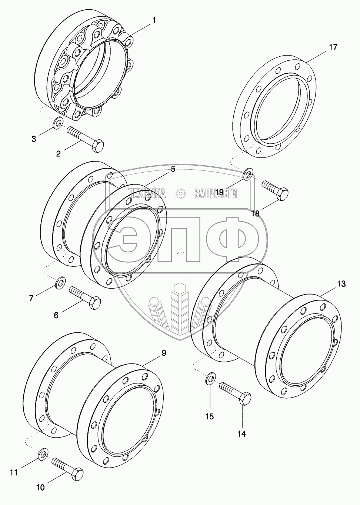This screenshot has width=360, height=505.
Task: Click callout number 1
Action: (154, 20)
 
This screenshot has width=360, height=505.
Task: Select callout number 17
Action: (333, 47)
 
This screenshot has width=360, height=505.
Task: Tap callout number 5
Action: (173, 169)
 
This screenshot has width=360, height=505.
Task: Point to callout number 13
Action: (341, 284)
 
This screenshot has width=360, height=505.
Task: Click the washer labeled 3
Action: (59, 123)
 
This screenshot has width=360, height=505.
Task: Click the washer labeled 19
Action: (248, 174)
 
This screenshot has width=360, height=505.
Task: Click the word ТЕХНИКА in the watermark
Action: (147, 193)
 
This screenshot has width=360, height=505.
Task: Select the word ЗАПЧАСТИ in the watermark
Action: (216, 193)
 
